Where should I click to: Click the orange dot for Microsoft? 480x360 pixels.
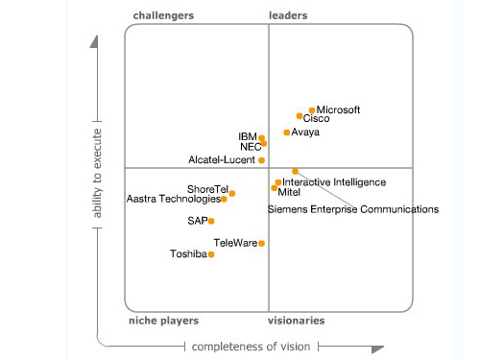[x=312, y=110]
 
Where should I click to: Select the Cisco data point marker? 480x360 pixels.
[x=300, y=117]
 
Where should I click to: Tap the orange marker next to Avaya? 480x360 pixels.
[x=286, y=132]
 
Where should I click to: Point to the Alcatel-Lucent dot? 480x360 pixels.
[x=261, y=160]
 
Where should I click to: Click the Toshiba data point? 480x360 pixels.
[x=211, y=254]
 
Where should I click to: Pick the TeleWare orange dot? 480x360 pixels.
[x=261, y=243]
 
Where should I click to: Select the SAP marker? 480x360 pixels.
[x=211, y=221]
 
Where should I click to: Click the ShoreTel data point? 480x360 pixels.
[x=231, y=193]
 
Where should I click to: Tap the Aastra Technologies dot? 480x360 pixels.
[x=224, y=199]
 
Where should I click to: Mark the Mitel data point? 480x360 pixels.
[x=275, y=189]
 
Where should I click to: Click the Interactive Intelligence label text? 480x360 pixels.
[x=334, y=181]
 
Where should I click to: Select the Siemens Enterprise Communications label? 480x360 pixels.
[x=352, y=208]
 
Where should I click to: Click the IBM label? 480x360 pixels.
[x=247, y=136]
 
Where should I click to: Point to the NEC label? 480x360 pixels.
[x=250, y=147]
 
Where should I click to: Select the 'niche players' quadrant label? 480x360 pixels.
[x=163, y=321]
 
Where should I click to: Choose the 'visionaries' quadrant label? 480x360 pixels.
[x=296, y=321]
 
